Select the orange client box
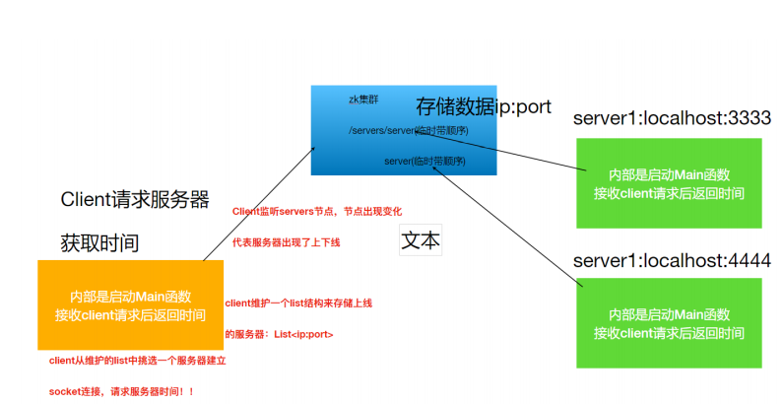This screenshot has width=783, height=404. [130, 305]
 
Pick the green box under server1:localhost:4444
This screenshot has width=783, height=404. [669, 323]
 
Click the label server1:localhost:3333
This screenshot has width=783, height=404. [672, 119]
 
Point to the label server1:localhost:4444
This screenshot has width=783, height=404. [672, 261]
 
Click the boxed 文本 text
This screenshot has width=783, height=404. [421, 240]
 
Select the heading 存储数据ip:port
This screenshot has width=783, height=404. [484, 106]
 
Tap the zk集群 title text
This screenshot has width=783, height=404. [364, 100]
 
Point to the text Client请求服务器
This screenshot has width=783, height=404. [135, 200]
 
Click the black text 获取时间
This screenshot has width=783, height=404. [99, 242]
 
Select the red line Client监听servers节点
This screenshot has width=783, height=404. [316, 212]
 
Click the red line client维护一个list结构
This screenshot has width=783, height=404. [298, 303]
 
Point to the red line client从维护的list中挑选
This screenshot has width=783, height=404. [138, 362]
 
